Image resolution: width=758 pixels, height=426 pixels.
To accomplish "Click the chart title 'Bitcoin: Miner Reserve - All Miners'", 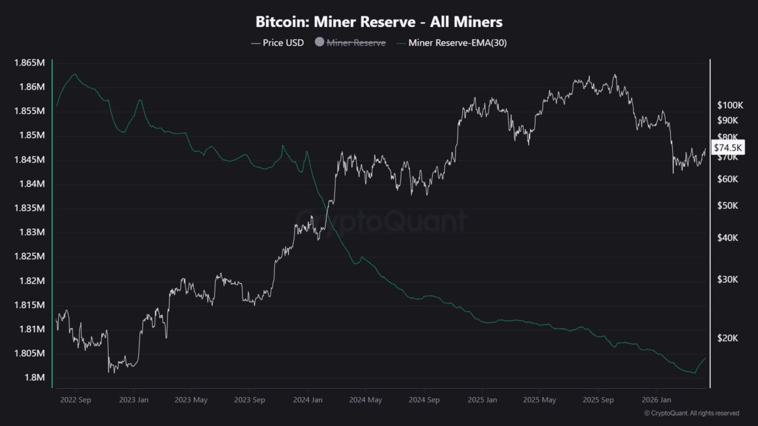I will (x=379, y=21).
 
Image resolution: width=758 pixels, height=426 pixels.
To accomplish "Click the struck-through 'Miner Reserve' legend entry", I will (x=356, y=43).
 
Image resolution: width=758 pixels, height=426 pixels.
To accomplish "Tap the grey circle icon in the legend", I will (x=319, y=43).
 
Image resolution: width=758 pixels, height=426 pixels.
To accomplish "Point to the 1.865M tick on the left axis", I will (x=31, y=62).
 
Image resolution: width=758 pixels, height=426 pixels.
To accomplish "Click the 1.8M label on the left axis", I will (x=35, y=377).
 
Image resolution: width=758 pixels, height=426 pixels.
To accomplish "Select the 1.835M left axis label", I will (x=31, y=208).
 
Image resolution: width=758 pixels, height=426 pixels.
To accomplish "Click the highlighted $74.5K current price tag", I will (x=729, y=148).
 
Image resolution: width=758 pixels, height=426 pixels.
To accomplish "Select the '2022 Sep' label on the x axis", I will (x=75, y=399).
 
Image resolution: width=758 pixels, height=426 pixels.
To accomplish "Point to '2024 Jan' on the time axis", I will (x=309, y=399).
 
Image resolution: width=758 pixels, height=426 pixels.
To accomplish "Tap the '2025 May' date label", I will (x=540, y=399).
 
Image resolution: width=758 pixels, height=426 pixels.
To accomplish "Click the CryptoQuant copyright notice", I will (x=691, y=413).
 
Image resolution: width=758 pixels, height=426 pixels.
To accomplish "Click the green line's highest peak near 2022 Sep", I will (x=75, y=74).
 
